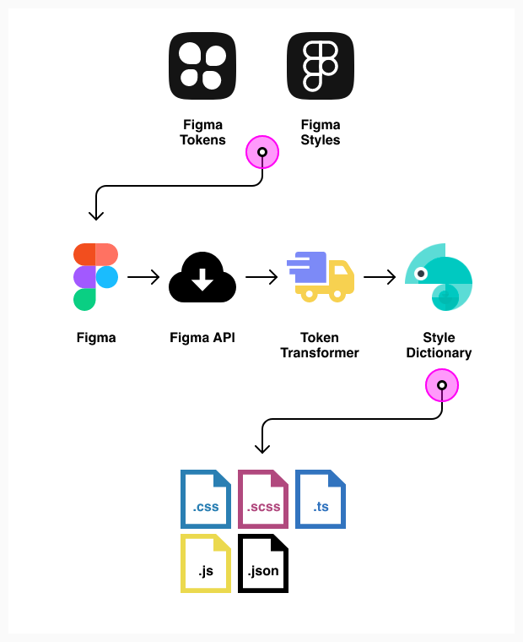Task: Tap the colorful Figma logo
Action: pyautogui.click(x=95, y=277)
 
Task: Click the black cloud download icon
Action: pyautogui.click(x=202, y=278)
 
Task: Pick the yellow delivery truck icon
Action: pyautogui.click(x=320, y=277)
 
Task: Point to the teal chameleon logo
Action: pyautogui.click(x=439, y=277)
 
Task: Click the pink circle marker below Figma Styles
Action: pyautogui.click(x=261, y=153)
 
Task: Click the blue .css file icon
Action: pyautogui.click(x=205, y=499)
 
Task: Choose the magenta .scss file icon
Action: pyautogui.click(x=263, y=499)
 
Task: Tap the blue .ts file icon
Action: pyautogui.click(x=321, y=499)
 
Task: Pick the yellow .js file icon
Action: pyautogui.click(x=205, y=563)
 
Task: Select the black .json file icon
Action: pyautogui.click(x=263, y=563)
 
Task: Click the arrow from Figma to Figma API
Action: pyautogui.click(x=144, y=277)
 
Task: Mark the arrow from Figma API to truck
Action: pyautogui.click(x=261, y=277)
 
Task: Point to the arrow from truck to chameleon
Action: pyautogui.click(x=380, y=277)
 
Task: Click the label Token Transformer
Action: pyautogui.click(x=320, y=345)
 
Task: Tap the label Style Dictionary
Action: pyautogui.click(x=439, y=345)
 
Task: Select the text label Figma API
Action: pyautogui.click(x=202, y=338)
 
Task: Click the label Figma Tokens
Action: pyautogui.click(x=202, y=133)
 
